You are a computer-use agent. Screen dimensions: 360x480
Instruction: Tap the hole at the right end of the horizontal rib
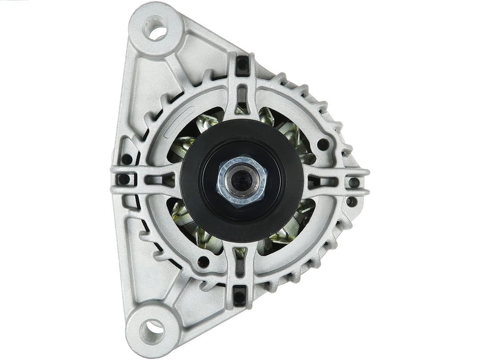pyautogui.click(x=354, y=182)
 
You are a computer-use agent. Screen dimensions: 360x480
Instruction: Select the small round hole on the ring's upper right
pyautogui.click(x=323, y=144)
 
